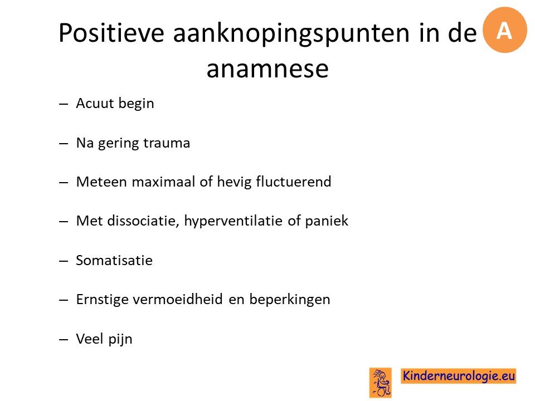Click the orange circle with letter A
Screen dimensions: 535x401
point(505,30)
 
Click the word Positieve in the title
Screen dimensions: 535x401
point(111,33)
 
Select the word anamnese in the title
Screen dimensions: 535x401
point(267,69)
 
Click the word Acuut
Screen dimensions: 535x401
point(95,103)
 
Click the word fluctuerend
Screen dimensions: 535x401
point(294,182)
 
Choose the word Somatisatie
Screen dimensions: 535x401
point(114,260)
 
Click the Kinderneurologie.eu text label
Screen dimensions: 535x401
point(459,376)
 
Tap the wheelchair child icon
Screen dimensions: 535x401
point(381,383)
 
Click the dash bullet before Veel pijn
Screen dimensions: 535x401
point(64,340)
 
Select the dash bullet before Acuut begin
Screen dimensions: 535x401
point(64,104)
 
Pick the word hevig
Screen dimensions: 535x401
point(235,182)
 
